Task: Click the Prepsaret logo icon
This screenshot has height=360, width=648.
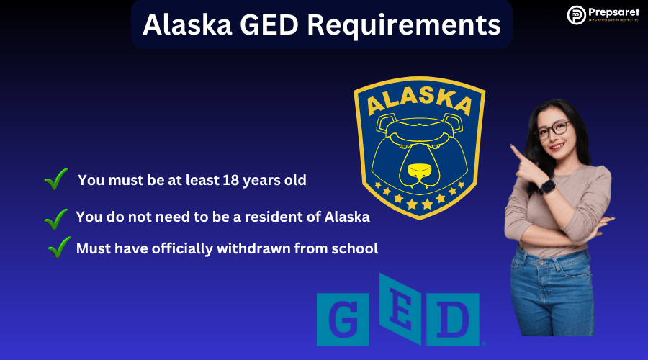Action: pyautogui.click(x=576, y=14)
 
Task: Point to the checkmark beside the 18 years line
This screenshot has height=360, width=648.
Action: pyautogui.click(x=55, y=179)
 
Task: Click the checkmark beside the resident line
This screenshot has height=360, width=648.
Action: pyautogui.click(x=56, y=217)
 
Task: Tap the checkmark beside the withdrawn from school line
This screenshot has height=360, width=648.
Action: pyautogui.click(x=59, y=248)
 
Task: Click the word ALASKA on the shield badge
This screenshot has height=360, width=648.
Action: pyautogui.click(x=420, y=103)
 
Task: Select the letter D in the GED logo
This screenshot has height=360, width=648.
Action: pyautogui.click(x=454, y=318)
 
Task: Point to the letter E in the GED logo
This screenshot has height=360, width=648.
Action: pyautogui.click(x=399, y=313)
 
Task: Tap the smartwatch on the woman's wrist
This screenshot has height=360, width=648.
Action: pyautogui.click(x=546, y=187)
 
